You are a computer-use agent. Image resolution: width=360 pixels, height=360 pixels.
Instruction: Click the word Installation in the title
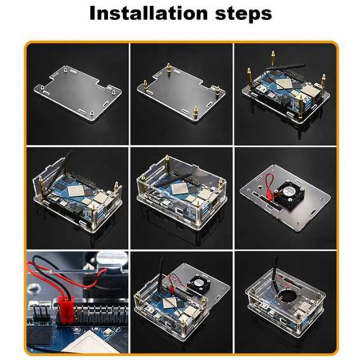tap(148, 13)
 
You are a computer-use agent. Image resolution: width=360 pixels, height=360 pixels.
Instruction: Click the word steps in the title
tap(243, 14)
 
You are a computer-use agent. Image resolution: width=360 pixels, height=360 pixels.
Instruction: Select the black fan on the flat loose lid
tap(290, 193)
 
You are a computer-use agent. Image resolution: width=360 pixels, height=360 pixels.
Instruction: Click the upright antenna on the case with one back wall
tap(65, 167)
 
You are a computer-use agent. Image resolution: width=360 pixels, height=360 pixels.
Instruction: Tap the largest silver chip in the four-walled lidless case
tap(178, 189)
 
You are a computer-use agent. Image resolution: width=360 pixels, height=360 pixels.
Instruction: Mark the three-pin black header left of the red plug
tap(42, 313)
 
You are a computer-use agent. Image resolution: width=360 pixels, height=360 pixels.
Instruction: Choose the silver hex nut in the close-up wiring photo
tap(88, 267)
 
